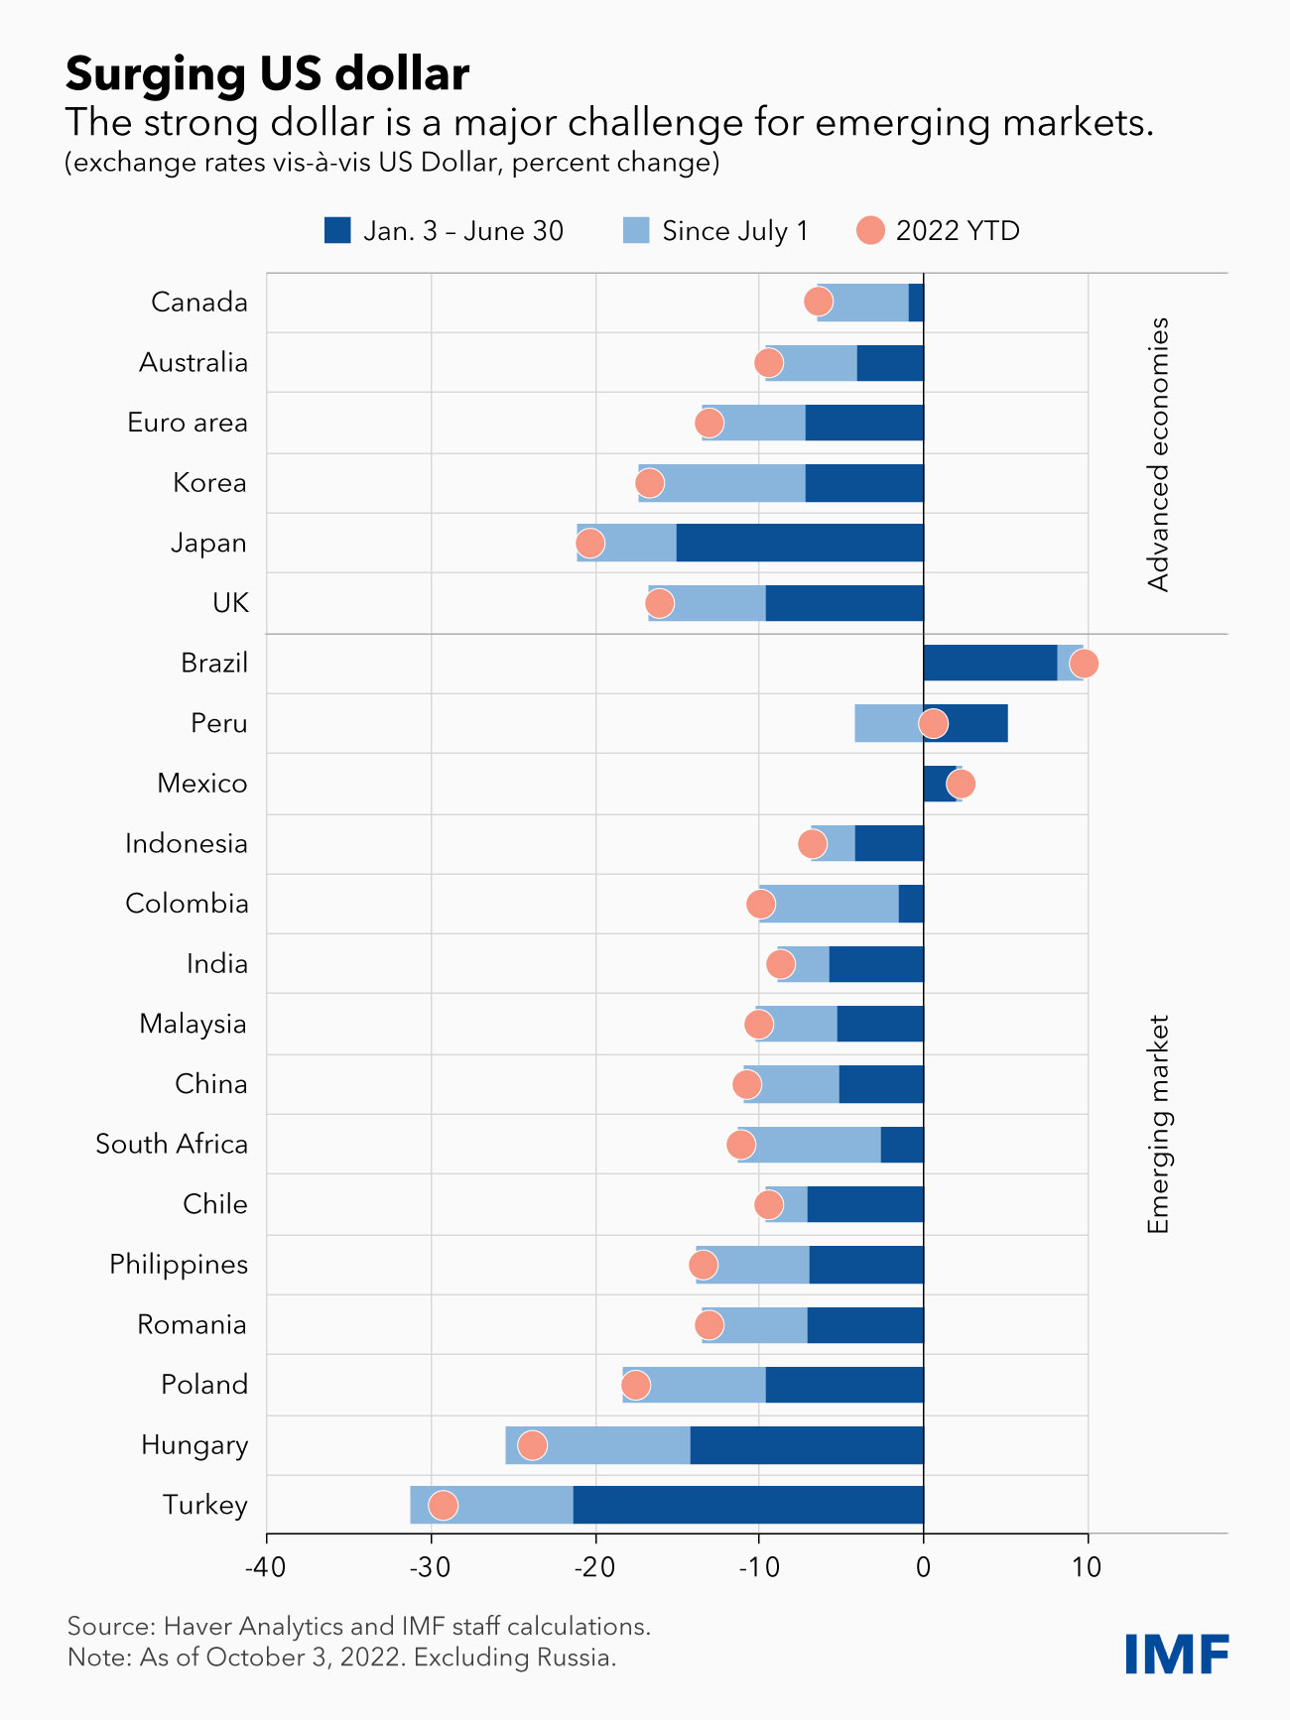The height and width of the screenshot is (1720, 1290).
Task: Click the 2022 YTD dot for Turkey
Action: click(x=443, y=1505)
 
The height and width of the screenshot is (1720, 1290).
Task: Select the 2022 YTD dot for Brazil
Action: click(x=1084, y=664)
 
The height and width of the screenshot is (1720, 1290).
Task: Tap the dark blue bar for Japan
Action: click(x=800, y=543)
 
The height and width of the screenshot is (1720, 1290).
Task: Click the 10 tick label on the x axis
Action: click(x=1088, y=1567)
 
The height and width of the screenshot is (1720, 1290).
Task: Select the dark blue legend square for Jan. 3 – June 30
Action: click(x=337, y=231)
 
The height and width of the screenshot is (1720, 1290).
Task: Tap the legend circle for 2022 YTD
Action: click(x=870, y=231)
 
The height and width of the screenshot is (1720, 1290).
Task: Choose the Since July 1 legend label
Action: click(x=735, y=231)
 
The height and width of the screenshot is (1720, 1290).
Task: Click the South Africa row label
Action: click(x=172, y=1144)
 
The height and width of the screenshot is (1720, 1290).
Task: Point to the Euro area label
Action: click(x=188, y=423)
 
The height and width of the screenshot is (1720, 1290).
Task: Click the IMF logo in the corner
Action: click(x=1177, y=1653)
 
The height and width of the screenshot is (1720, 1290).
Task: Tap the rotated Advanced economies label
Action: click(x=1158, y=454)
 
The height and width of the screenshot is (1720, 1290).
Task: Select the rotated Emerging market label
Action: click(x=1158, y=1124)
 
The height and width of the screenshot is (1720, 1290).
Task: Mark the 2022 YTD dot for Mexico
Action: click(x=960, y=784)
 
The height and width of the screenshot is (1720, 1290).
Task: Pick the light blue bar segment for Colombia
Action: click(x=830, y=904)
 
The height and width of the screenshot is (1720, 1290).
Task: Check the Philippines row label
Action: click(x=179, y=1265)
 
